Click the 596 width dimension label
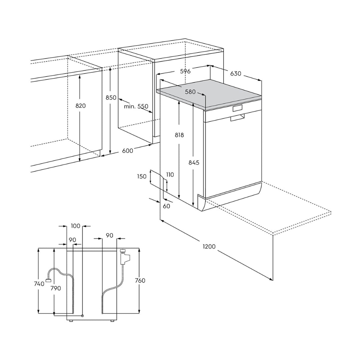click(x=185, y=71)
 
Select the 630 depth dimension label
click(x=236, y=73)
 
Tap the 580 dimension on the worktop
click(x=190, y=92)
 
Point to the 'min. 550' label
click(x=136, y=106)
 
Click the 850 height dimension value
click(x=111, y=98)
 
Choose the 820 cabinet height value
click(x=81, y=106)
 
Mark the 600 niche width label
click(x=128, y=151)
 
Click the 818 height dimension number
click(x=179, y=135)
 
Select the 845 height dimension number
click(x=194, y=163)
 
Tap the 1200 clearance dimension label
click(x=209, y=247)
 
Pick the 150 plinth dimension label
click(x=142, y=177)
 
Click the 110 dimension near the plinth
click(x=170, y=175)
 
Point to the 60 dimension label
click(x=166, y=206)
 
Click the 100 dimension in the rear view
click(x=76, y=226)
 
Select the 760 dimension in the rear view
click(x=140, y=281)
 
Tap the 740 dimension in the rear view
click(x=39, y=284)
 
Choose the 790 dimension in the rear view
click(x=56, y=288)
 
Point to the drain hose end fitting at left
click(x=48, y=280)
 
